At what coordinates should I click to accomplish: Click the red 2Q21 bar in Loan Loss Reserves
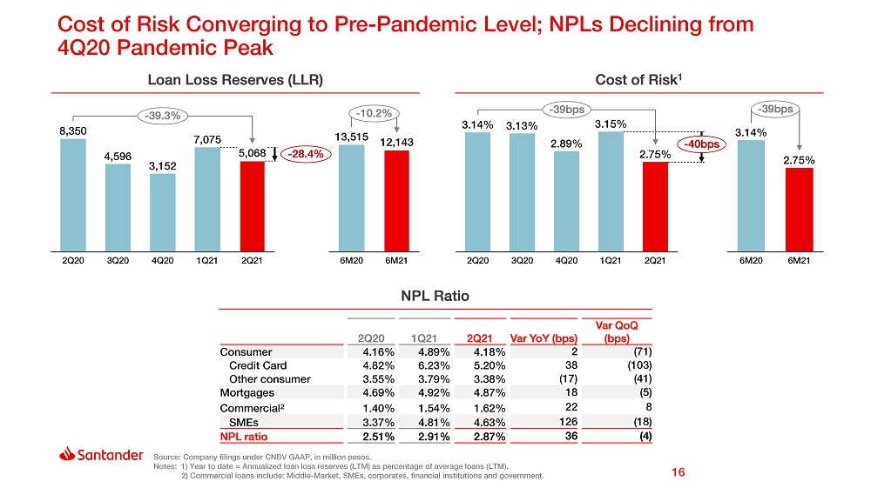(252, 204)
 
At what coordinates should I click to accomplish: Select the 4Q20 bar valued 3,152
(162, 211)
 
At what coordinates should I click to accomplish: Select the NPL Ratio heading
(435, 296)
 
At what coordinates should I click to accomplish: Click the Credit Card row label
(258, 366)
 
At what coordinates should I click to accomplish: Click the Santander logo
(101, 455)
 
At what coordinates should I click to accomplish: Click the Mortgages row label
(247, 393)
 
